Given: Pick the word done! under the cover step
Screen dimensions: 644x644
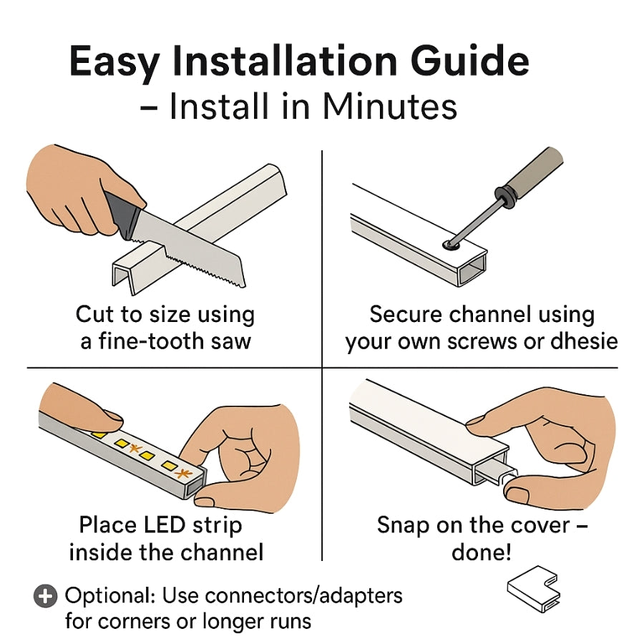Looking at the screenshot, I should pyautogui.click(x=482, y=552).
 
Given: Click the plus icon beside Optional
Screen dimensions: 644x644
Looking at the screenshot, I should pyautogui.click(x=45, y=596).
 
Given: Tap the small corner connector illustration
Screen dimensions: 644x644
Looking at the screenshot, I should pyautogui.click(x=534, y=591).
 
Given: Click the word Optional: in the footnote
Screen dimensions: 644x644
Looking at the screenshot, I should pyautogui.click(x=111, y=595).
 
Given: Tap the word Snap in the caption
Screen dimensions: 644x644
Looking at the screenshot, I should pyautogui.click(x=404, y=525).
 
